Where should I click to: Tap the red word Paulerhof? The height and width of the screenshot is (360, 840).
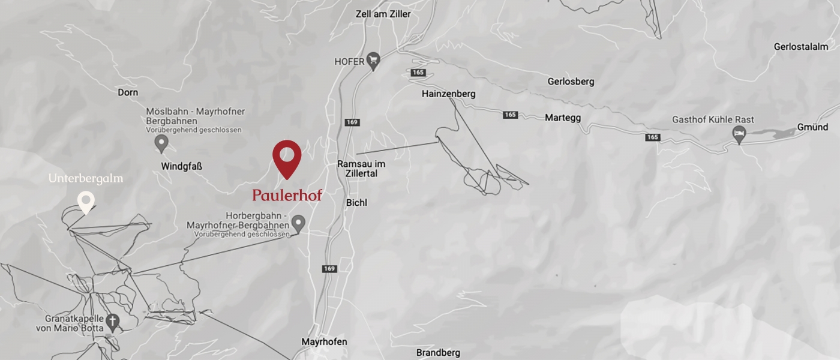[287, 196]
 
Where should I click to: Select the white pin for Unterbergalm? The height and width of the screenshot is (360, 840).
[86, 201]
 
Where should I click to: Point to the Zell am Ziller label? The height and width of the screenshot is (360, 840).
[383, 14]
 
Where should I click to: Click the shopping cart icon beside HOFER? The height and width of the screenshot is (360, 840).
[374, 60]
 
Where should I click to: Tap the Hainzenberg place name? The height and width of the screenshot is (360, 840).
[448, 94]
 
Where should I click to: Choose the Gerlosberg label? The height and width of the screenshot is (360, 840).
[571, 81]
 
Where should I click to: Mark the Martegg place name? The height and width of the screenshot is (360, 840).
[563, 118]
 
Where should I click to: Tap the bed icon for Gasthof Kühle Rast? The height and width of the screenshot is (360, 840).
[740, 134]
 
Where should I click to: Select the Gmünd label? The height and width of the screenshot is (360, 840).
[812, 127]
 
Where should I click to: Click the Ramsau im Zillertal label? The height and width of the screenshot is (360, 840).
[361, 169]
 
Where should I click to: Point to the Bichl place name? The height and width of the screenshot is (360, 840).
[356, 203]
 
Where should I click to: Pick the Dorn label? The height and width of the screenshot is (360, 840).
[128, 92]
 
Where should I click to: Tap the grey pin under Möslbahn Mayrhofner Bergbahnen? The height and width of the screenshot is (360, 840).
[161, 143]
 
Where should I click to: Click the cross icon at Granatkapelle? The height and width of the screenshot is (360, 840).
[112, 323]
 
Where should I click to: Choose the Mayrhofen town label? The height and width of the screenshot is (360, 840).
[324, 342]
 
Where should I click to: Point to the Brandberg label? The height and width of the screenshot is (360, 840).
[438, 353]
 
